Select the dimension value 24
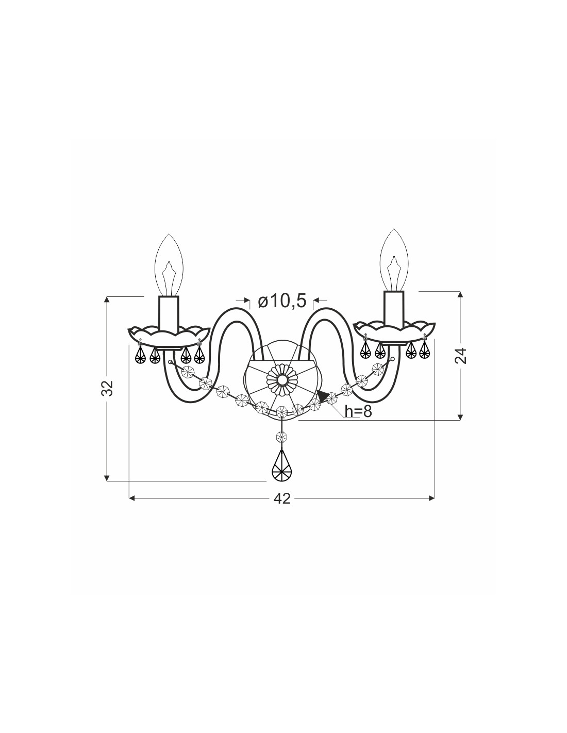(x=460, y=355)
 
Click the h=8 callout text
(x=358, y=411)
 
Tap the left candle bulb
(x=169, y=265)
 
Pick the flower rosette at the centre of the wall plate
(x=282, y=380)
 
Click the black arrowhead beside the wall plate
(x=323, y=397)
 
